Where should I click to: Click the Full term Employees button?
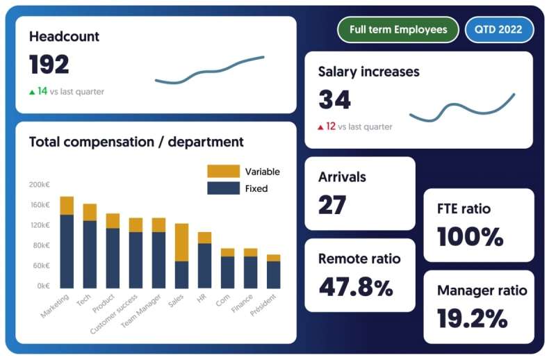(x=398, y=30)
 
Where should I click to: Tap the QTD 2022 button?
(x=499, y=30)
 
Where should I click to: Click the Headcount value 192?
(x=49, y=65)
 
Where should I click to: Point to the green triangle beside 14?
(x=32, y=92)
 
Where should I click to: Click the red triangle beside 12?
(x=320, y=127)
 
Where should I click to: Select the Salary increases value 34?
(x=334, y=100)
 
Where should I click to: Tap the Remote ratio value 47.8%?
(x=355, y=286)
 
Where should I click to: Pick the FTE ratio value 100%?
(x=471, y=236)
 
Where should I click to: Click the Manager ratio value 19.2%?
(x=472, y=318)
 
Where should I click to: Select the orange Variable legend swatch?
(x=222, y=171)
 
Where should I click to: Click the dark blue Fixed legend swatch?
(x=222, y=188)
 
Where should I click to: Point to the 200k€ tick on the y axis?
(x=39, y=185)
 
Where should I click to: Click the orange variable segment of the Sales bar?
(x=181, y=242)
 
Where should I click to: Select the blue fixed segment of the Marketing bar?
(x=67, y=251)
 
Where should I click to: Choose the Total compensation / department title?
(x=136, y=142)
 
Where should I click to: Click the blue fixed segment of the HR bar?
(x=204, y=265)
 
